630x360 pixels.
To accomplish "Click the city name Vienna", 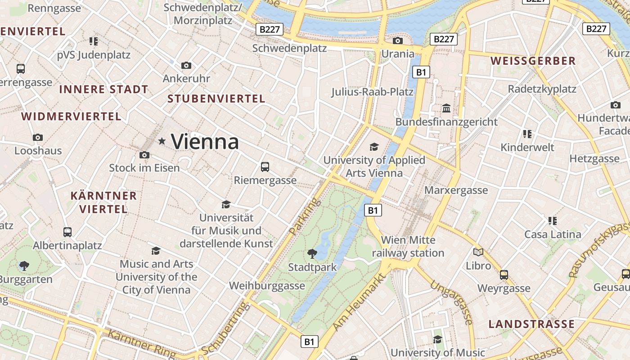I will (x=205, y=142).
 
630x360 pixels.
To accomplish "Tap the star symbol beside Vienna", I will (x=162, y=141).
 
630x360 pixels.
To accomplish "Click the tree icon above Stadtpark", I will (x=312, y=254).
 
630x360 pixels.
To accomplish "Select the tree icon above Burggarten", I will (x=24, y=266).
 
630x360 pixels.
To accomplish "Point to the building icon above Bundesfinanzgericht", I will (x=446, y=108).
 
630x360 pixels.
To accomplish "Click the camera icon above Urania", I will (x=397, y=41).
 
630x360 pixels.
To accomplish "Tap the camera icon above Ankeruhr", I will (x=186, y=66).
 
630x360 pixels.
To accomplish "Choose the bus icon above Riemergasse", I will (x=265, y=167).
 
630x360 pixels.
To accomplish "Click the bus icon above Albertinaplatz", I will (x=67, y=232).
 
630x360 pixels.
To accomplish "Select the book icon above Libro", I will (x=478, y=252).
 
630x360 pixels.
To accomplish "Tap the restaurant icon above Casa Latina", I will (x=553, y=221).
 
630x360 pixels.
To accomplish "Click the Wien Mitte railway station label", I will (x=408, y=247).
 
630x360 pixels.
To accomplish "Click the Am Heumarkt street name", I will (x=360, y=302).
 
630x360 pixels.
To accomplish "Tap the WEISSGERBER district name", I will (x=533, y=61).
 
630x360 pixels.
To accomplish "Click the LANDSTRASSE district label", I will (x=531, y=324).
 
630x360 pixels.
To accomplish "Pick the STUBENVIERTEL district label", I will (x=216, y=99).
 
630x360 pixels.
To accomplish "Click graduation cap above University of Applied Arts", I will (x=374, y=147).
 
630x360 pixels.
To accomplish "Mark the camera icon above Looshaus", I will (x=38, y=137).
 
